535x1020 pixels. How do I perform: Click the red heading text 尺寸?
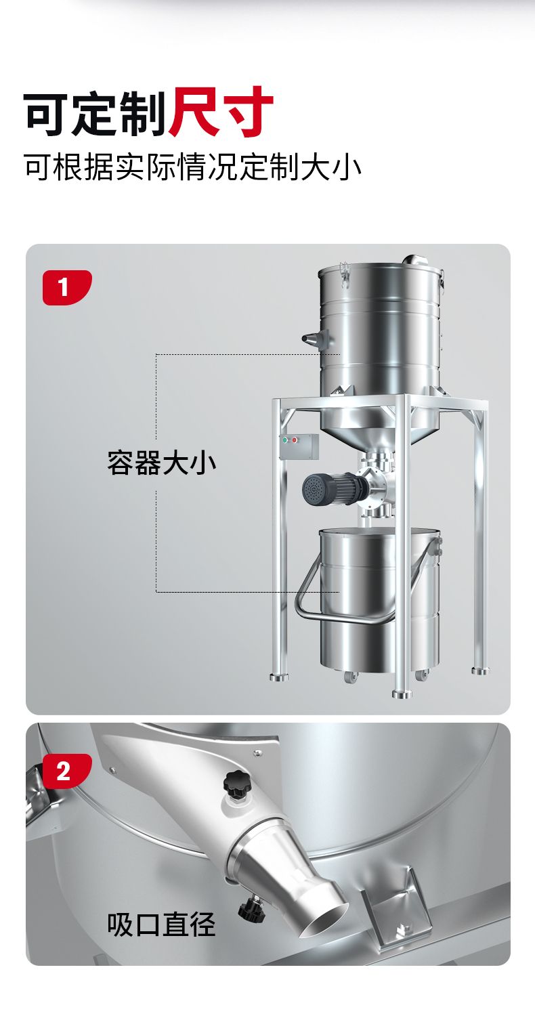(221, 112)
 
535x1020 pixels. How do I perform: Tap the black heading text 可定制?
(95, 112)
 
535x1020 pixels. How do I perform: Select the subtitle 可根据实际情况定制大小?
(192, 168)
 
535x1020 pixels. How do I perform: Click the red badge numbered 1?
(67, 287)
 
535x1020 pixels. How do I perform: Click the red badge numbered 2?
(67, 771)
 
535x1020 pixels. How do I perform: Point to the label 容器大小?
(161, 463)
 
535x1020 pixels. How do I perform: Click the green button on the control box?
(286, 440)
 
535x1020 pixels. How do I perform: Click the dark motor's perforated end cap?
(312, 489)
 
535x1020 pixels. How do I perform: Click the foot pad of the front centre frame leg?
(402, 694)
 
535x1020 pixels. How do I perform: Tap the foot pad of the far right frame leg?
(480, 671)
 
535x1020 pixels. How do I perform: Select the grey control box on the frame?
(299, 447)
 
